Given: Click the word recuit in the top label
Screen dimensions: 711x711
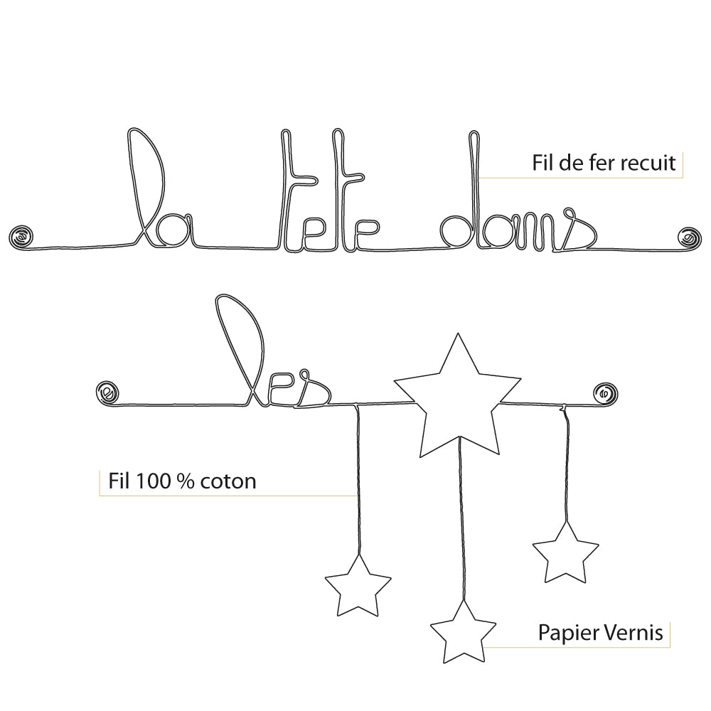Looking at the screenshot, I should pos(648,163).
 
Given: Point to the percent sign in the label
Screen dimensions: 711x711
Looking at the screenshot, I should pos(187,481).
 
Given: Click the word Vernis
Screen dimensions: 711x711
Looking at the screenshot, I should pos(637,632).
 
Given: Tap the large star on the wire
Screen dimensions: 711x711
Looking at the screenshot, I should pos(457,398).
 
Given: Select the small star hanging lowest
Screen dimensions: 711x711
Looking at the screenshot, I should pos(463,633).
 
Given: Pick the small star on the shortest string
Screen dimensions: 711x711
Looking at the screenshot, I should pos(565,553).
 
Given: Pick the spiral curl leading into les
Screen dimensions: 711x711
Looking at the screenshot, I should pos(107,391).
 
